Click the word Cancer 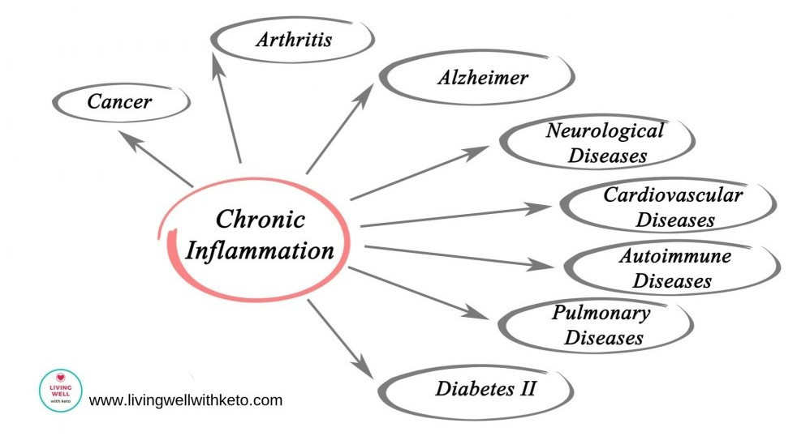(x=119, y=102)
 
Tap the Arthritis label (x=294, y=39)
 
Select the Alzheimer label (x=483, y=78)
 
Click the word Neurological (x=605, y=130)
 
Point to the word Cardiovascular (x=673, y=194)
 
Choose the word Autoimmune (x=674, y=257)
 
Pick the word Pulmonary (x=601, y=313)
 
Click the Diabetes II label (x=486, y=387)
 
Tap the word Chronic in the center (x=261, y=220)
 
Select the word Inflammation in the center (x=260, y=250)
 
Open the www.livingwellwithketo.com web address (x=186, y=400)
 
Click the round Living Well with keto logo (x=61, y=391)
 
